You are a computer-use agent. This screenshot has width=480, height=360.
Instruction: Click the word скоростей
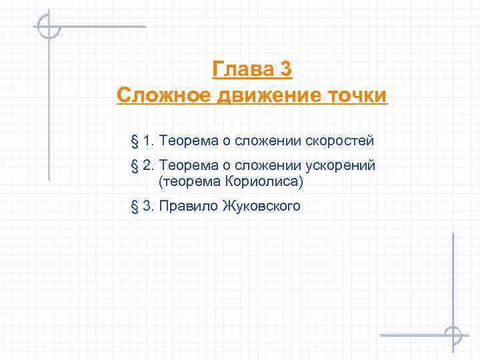tap(340, 141)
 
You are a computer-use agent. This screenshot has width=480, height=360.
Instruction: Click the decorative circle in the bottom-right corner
tap(453, 335)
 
